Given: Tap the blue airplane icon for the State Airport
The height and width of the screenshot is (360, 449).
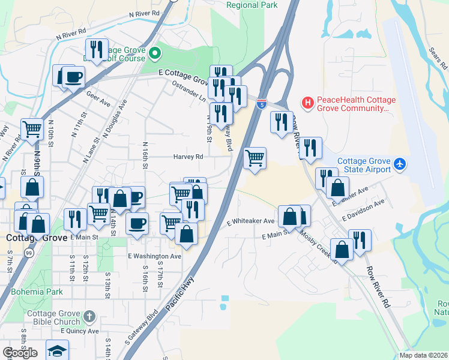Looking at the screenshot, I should pyautogui.click(x=400, y=164).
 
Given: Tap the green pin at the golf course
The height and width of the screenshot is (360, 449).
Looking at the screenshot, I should pyautogui.click(x=154, y=55).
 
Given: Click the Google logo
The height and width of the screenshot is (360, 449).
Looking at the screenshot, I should pyautogui.click(x=20, y=353).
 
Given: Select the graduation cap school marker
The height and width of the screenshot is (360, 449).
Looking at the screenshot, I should pyautogui.click(x=57, y=350).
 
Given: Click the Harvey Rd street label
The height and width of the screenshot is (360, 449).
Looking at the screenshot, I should pyautogui.click(x=188, y=157).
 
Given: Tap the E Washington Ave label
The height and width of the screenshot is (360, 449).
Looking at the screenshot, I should pyautogui.click(x=154, y=256).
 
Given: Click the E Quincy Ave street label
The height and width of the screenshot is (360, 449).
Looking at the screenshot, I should pyautogui.click(x=75, y=331).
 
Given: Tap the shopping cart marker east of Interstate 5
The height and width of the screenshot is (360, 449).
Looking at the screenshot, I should pyautogui.click(x=255, y=158).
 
